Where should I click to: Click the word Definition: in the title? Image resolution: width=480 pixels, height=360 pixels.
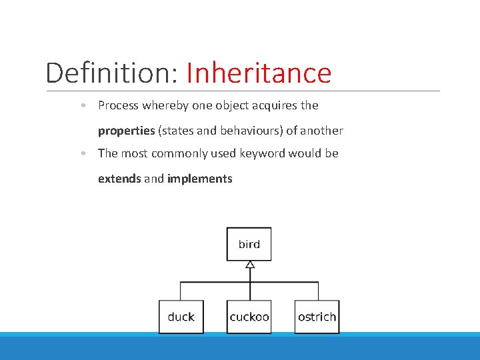tap(111, 73)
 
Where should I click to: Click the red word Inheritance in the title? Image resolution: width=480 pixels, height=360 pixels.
tap(259, 73)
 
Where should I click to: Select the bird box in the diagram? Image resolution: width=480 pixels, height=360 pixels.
tap(249, 244)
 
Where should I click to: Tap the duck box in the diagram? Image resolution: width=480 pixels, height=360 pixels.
tap(181, 317)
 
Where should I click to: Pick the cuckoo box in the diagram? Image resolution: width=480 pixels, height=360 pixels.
tap(249, 317)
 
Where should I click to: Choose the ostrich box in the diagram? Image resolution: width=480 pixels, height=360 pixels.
tap(317, 317)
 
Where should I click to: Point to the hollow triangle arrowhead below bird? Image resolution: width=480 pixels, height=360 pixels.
tap(249, 265)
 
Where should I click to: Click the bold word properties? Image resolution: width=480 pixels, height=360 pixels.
tap(126, 131)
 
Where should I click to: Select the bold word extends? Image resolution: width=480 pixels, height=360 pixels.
tap(119, 179)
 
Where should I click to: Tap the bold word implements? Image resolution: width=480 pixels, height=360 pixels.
tap(199, 179)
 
